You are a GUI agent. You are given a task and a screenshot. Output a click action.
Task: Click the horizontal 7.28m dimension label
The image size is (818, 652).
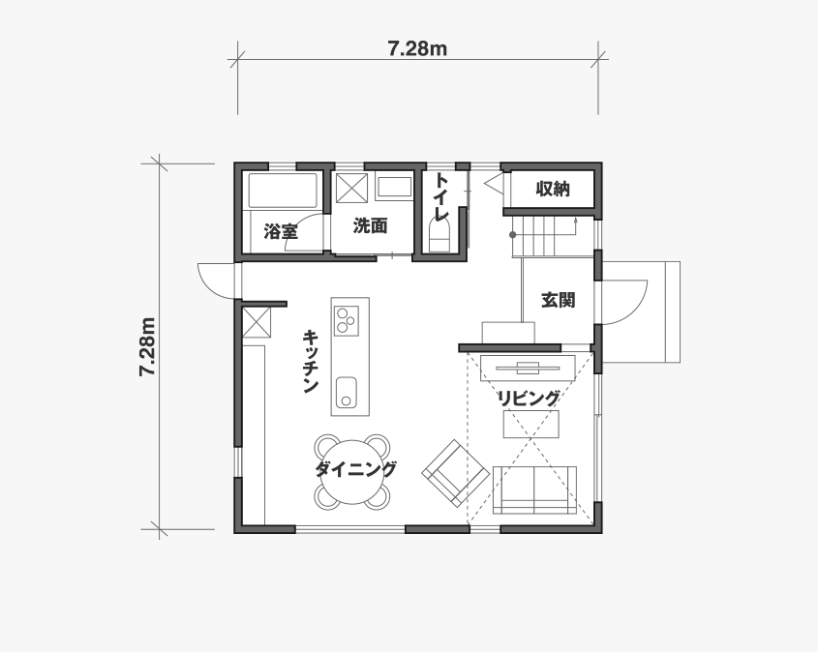(x=417, y=48)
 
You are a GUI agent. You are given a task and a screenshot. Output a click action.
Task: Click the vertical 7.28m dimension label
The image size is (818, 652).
(x=147, y=346)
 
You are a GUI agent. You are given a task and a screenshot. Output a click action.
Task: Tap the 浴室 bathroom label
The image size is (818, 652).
(x=281, y=231)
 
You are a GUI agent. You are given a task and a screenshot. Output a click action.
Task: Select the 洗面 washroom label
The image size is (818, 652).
(x=370, y=225)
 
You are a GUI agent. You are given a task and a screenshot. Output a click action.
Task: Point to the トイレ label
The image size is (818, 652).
(x=441, y=197)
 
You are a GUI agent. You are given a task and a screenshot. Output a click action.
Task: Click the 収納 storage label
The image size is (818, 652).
(x=553, y=189)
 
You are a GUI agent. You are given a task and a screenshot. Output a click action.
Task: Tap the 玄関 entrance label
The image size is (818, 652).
(x=558, y=300)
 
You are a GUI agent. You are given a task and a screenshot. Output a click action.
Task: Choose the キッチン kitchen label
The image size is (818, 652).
(x=311, y=361)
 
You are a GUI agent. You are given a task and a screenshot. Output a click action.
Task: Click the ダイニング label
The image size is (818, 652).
(x=355, y=469)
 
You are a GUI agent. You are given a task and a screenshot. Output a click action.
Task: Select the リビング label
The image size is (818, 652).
(x=529, y=399)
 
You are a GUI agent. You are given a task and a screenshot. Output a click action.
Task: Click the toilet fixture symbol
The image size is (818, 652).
(x=439, y=236)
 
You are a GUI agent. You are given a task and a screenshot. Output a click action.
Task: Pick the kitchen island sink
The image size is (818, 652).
(x=346, y=392)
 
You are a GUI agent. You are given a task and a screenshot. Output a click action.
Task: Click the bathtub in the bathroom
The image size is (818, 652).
(x=283, y=191)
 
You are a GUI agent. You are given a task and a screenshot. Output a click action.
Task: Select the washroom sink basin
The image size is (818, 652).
(x=394, y=188)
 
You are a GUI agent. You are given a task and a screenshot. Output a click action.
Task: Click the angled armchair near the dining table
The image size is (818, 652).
(x=452, y=473)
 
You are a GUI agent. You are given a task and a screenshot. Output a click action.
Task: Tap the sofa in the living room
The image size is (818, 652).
(x=534, y=489)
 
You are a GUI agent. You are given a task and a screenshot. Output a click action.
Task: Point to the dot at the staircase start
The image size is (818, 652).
(x=513, y=235)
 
